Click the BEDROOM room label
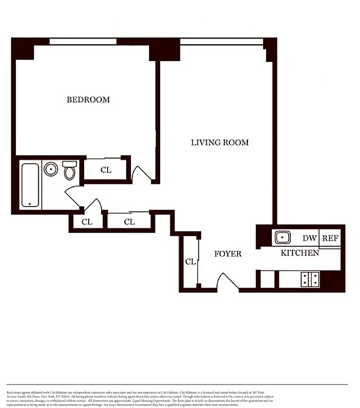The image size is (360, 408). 88,99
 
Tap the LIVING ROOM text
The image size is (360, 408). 220,142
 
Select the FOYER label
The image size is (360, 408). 227,253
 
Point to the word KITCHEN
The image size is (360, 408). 300,252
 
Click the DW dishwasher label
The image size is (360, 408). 308,238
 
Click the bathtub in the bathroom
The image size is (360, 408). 30,185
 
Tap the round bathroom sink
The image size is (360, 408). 50,169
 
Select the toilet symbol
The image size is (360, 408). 70,170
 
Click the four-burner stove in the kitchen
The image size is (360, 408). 310,278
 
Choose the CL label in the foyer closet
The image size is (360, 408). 190,262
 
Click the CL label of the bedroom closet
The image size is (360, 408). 106,170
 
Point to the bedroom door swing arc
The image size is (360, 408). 141,173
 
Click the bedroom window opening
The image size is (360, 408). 83,41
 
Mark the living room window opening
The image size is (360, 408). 221,41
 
